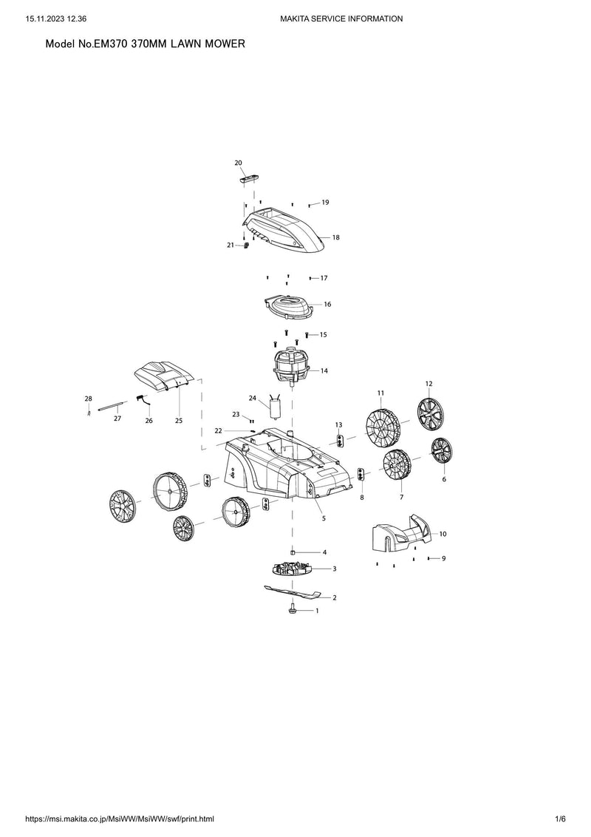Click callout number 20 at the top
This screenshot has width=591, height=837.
click(239, 163)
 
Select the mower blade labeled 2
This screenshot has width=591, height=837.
click(293, 592)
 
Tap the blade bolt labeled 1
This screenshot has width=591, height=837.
click(293, 608)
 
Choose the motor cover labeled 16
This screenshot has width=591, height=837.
click(288, 307)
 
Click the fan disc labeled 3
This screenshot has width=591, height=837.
click(291, 569)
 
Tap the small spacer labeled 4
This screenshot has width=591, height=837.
click(293, 552)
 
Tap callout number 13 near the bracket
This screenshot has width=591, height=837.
click(338, 425)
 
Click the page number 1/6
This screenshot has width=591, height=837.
click(560, 819)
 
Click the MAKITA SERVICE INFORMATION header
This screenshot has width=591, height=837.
click(341, 18)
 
